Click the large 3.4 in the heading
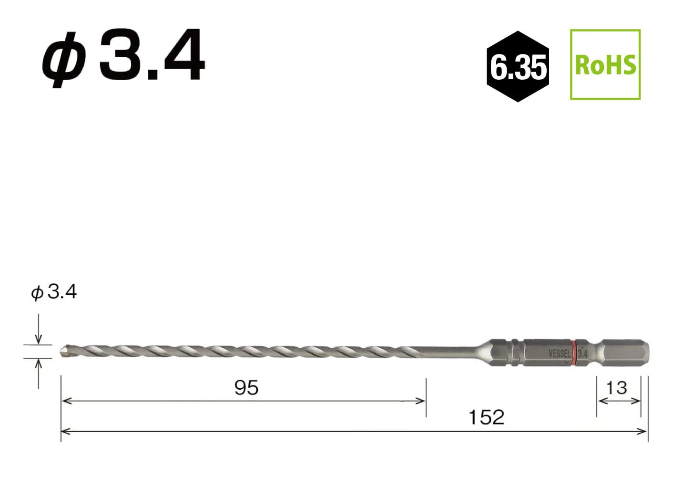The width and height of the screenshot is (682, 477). (152, 54)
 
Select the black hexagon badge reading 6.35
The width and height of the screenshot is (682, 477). (518, 66)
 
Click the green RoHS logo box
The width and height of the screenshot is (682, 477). (605, 64)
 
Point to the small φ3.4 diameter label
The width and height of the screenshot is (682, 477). (54, 292)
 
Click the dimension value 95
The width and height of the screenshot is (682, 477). (246, 388)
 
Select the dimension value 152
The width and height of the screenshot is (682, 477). (487, 417)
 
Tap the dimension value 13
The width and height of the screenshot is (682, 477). (617, 388)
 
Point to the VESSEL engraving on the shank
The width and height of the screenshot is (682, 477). (560, 353)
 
